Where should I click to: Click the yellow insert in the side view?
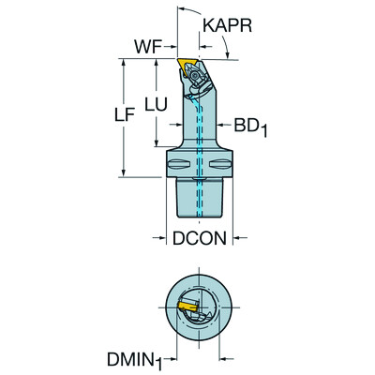pos(185,67)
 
